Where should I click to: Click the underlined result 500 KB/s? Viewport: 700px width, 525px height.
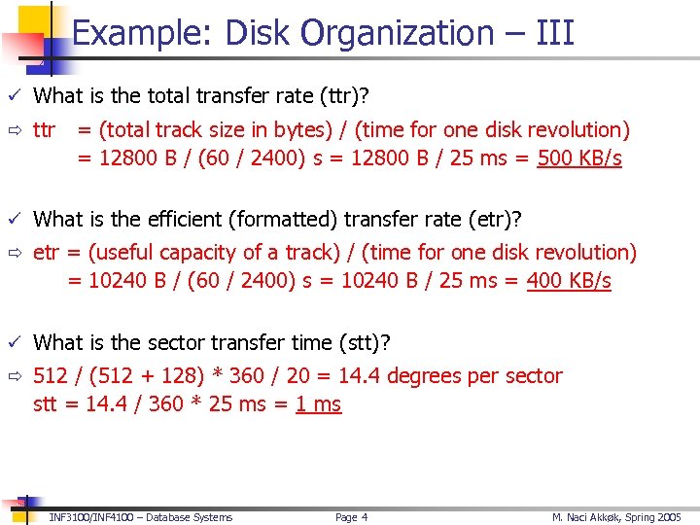click(579, 158)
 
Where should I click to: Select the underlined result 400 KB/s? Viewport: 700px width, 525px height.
click(569, 281)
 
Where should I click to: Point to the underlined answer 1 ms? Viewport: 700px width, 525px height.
click(318, 403)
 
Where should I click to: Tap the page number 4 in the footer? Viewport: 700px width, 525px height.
click(365, 517)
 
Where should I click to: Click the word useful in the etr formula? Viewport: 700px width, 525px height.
click(121, 252)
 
